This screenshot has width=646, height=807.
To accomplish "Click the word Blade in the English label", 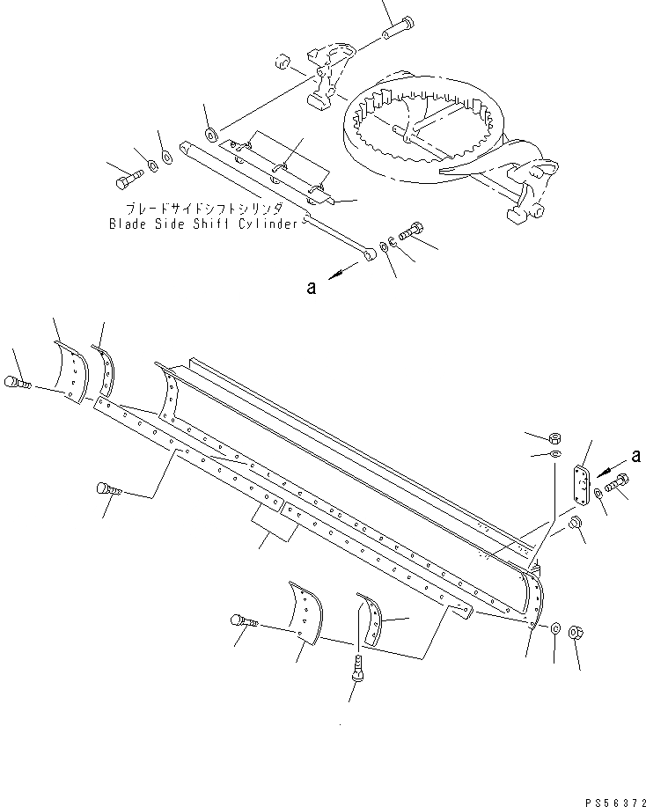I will [127, 224].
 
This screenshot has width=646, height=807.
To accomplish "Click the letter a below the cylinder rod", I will [311, 285].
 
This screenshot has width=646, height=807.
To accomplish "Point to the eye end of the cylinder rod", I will [371, 254].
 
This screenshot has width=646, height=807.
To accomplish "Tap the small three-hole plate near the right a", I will [580, 488].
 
